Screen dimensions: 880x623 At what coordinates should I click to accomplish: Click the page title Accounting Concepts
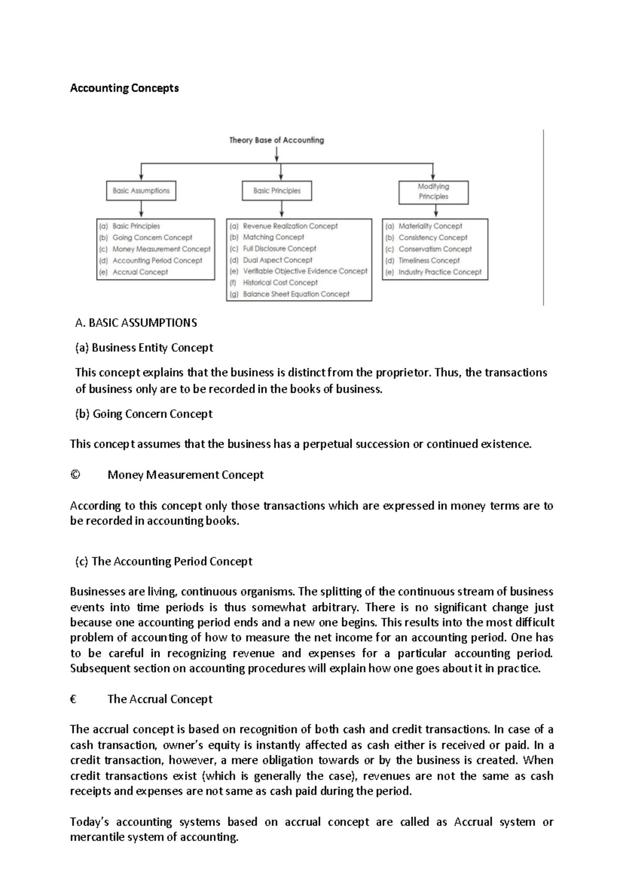click(124, 88)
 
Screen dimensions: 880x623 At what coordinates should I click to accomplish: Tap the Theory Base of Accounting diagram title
click(276, 140)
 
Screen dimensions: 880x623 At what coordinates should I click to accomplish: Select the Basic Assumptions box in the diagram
click(141, 190)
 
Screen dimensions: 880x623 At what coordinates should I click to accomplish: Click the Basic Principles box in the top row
click(277, 190)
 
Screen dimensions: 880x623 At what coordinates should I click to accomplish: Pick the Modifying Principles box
click(434, 191)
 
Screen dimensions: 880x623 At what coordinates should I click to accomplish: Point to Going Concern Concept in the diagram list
click(152, 238)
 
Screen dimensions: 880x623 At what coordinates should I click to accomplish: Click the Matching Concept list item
click(273, 237)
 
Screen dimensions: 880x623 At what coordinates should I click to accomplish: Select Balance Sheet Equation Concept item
click(296, 294)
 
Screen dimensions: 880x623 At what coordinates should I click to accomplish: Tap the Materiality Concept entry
click(430, 226)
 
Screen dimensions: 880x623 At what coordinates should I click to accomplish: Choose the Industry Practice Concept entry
click(440, 272)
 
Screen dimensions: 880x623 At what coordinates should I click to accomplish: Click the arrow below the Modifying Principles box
click(436, 211)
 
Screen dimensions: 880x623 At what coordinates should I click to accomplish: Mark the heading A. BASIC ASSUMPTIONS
click(136, 323)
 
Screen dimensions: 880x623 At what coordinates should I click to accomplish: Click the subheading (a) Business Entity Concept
click(144, 348)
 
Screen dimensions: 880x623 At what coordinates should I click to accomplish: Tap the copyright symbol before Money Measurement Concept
click(75, 475)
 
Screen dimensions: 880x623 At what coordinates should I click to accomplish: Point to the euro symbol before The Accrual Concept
click(73, 699)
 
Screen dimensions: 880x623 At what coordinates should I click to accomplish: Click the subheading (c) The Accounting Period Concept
click(164, 561)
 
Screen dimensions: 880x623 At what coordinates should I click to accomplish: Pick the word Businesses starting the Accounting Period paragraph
click(98, 592)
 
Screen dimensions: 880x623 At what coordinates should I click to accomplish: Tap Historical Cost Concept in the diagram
click(280, 283)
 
